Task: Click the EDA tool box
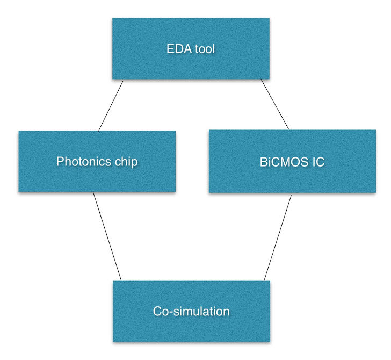pos(190,49)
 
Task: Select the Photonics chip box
pos(97,161)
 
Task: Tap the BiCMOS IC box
pos(292,161)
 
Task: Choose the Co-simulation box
pos(191,311)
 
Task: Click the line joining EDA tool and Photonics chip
pos(111,106)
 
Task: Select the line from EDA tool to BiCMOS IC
pos(274,104)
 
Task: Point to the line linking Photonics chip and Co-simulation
pos(107,236)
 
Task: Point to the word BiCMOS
pos(278,161)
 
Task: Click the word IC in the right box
pos(318,161)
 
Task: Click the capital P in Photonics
pos(60,161)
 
